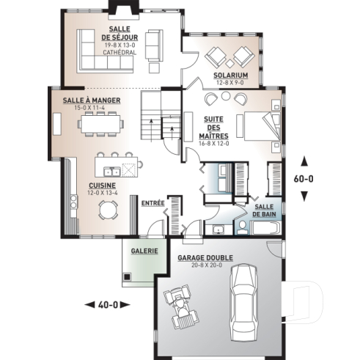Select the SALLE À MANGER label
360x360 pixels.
pos(91,100)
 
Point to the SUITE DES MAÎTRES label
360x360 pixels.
pos(213,129)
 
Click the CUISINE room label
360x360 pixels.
pos(101,185)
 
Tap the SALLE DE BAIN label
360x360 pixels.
pos(264,211)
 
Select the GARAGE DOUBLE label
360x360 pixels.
pos(205,259)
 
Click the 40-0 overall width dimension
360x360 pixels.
pos(107,304)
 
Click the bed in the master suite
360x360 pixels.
pos(260,126)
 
